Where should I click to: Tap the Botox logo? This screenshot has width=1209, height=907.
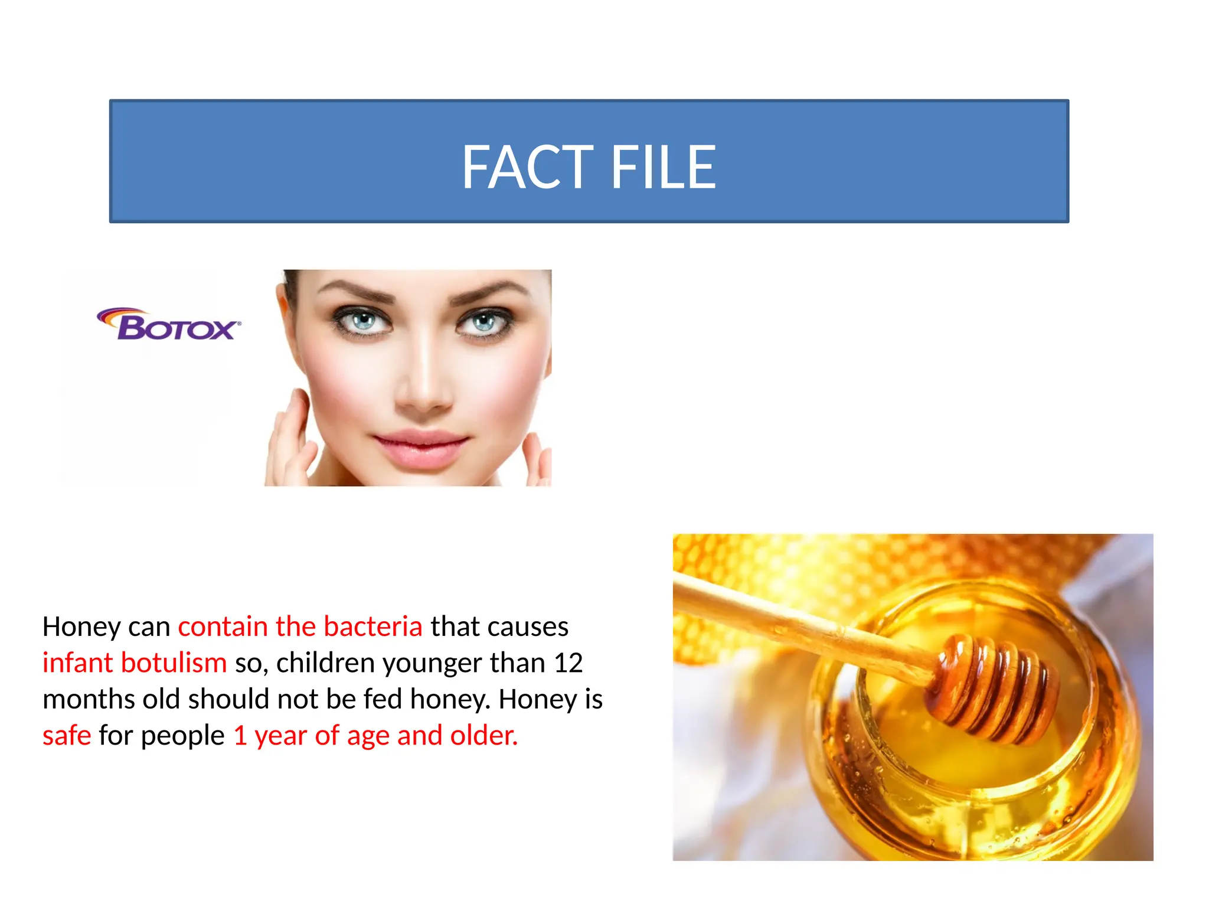[x=169, y=325]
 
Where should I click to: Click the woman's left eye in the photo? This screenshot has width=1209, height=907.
[x=484, y=322]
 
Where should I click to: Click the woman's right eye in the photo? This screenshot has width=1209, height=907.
[x=363, y=321]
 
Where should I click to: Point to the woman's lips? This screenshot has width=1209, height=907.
[x=420, y=447]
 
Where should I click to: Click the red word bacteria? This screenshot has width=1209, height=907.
[x=373, y=627]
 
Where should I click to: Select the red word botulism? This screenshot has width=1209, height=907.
[x=174, y=663]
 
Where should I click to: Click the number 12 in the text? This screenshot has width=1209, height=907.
[x=568, y=663]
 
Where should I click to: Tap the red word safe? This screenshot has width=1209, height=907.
[x=67, y=736]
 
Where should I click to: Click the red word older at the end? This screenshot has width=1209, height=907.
[x=483, y=736]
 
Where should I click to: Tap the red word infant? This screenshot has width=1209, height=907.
[x=77, y=663]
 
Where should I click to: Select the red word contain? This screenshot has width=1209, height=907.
[x=223, y=627]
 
